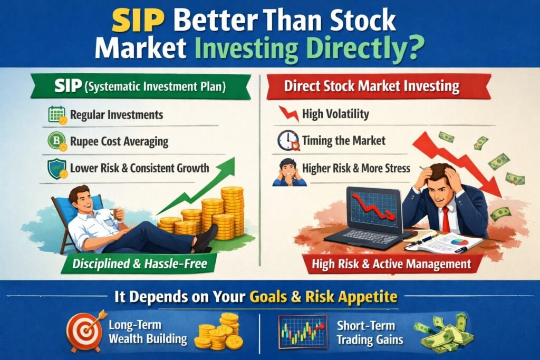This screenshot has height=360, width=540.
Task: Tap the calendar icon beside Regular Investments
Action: [56, 114]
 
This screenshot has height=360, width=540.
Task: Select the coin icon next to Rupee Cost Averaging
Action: [56, 141]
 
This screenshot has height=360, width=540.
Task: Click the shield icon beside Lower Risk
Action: [56, 169]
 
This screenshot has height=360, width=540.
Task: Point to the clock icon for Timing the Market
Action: [288, 141]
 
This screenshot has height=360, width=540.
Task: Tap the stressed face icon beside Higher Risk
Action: [288, 171]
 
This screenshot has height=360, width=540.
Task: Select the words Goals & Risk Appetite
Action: [323, 297]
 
